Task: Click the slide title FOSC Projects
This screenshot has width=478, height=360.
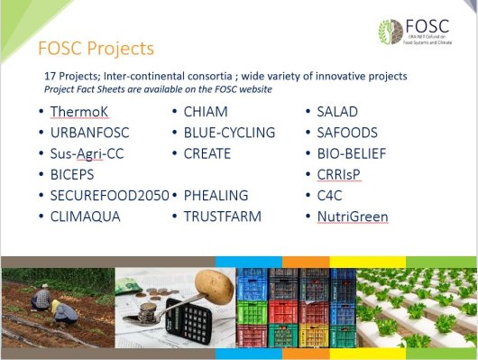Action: point(95,47)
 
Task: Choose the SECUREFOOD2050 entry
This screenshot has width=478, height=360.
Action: point(109,195)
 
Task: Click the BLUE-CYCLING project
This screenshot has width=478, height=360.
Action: point(229,133)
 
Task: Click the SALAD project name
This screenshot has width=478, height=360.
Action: point(337,111)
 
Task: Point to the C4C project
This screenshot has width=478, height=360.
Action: point(331,195)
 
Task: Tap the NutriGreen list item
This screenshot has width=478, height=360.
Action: point(352,217)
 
